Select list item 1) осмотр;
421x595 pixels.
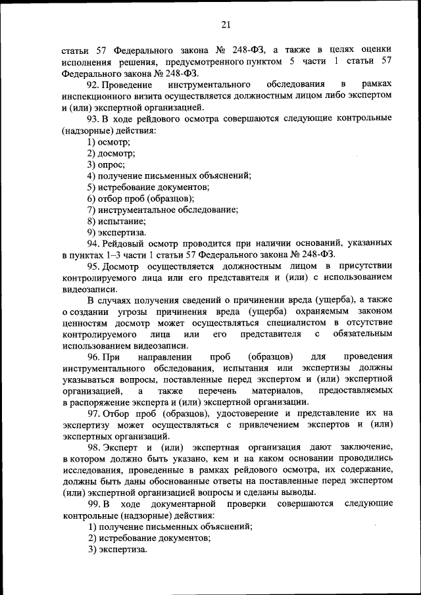coord(109,141)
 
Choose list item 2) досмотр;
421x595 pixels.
coord(111,153)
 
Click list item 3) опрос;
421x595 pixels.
coord(106,164)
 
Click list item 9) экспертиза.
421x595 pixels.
coord(116,232)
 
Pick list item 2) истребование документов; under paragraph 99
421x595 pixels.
coord(149,538)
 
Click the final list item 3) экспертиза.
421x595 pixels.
coord(117,549)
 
